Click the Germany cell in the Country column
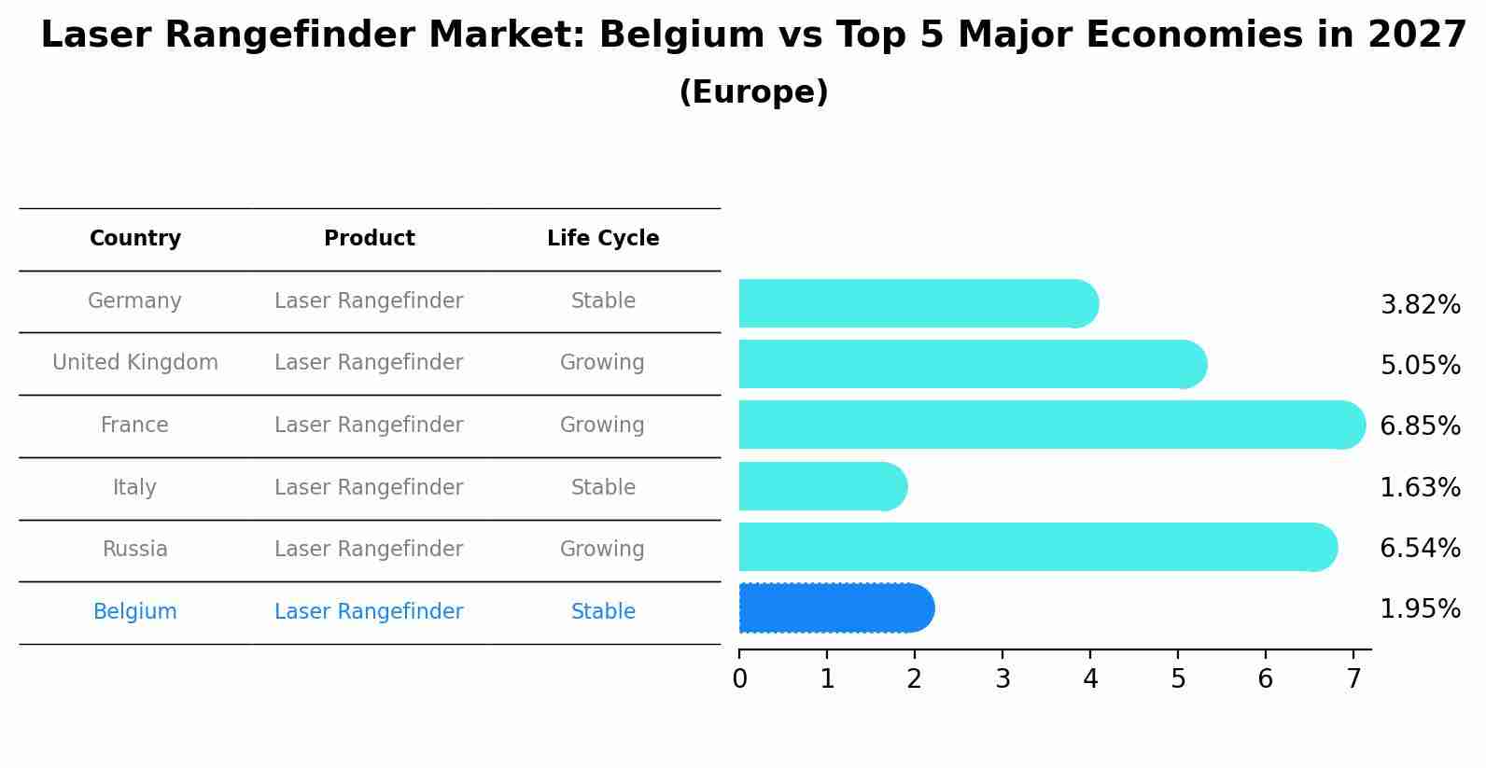tap(134, 301)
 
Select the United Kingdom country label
tap(134, 363)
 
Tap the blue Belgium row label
tap(134, 612)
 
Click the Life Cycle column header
tap(603, 239)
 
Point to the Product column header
tap(369, 239)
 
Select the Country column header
tap(134, 239)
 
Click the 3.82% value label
tap(1420, 305)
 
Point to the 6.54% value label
tap(1420, 549)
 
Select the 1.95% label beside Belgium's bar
tap(1420, 609)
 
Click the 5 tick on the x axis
tap(1178, 679)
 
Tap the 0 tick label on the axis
tap(739, 679)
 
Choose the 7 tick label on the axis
tap(1353, 679)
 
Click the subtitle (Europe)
tap(753, 92)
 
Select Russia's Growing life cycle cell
tap(602, 550)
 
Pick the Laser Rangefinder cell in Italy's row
tap(369, 488)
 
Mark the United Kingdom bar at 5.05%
tap(971, 365)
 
